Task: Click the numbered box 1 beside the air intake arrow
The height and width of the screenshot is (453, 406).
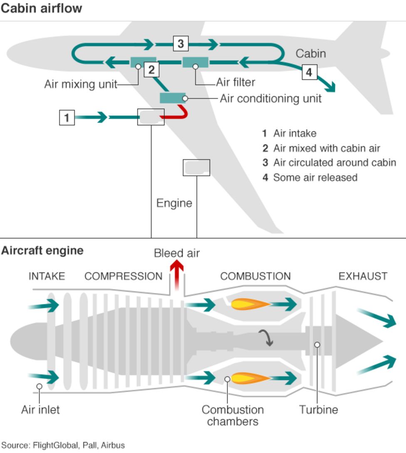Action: point(67,118)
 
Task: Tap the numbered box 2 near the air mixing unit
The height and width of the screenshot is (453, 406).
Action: point(151,69)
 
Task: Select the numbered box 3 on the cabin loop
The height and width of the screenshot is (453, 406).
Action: point(180,43)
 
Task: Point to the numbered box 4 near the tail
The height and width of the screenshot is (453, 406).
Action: point(309,72)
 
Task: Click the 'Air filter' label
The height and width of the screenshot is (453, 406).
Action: point(235,82)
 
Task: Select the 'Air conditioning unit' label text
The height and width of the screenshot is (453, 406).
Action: point(270,98)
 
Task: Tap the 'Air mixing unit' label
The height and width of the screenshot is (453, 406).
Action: point(81,84)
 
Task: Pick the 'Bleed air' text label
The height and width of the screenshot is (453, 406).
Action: point(177,253)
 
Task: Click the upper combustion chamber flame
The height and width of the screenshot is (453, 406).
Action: point(249,305)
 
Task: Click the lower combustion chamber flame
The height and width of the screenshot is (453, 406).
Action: point(249,378)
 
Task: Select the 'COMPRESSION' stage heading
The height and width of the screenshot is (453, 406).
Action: point(124,276)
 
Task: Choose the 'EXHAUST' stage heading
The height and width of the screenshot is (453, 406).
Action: point(363,276)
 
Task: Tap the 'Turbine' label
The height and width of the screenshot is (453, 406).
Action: point(319,410)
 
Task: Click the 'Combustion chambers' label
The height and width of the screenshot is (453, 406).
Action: point(233,415)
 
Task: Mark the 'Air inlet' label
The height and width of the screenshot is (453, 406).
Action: point(40,410)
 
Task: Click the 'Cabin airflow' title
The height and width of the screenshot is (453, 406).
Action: point(41,8)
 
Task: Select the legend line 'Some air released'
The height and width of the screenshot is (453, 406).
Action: point(315,177)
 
